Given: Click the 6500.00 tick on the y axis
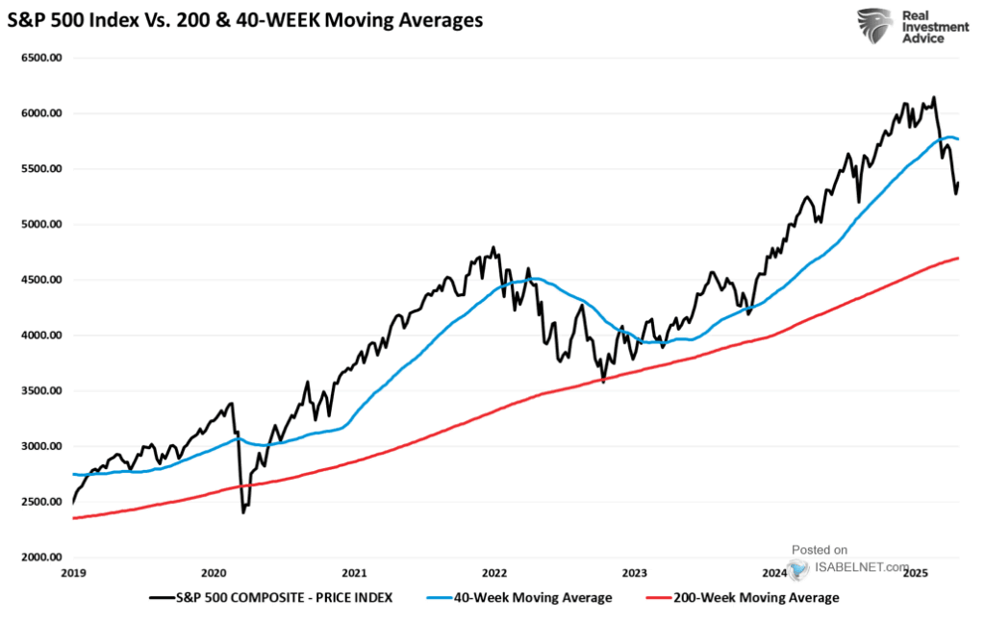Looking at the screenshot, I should pyautogui.click(x=40, y=58).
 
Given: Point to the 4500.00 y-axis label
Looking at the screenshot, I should pyautogui.click(x=40, y=280).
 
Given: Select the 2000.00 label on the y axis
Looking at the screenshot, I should pyautogui.click(x=40, y=558).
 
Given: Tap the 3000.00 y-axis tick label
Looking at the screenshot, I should pyautogui.click(x=40, y=447).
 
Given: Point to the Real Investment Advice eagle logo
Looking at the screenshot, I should pyautogui.click(x=875, y=28).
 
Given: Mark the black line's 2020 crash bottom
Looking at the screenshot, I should pyautogui.click(x=242, y=512).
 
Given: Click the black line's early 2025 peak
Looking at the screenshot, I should pyautogui.click(x=933, y=97).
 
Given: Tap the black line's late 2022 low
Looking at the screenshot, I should pyautogui.click(x=603, y=382).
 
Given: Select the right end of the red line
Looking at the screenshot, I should pyautogui.click(x=958, y=258).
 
